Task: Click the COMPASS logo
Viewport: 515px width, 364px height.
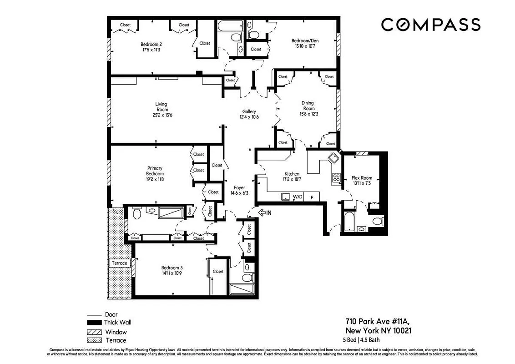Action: pyautogui.click(x=430, y=25)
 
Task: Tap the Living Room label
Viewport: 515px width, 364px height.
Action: pyautogui.click(x=162, y=110)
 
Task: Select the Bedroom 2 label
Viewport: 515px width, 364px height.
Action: pyautogui.click(x=151, y=47)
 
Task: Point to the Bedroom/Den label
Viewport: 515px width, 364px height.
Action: pyautogui.click(x=305, y=44)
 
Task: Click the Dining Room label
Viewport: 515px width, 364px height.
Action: pyautogui.click(x=308, y=106)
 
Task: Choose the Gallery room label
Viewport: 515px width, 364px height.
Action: pyautogui.click(x=249, y=114)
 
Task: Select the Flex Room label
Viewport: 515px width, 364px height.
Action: pyautogui.click(x=362, y=181)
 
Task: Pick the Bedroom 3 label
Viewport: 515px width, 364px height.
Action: pyautogui.click(x=172, y=271)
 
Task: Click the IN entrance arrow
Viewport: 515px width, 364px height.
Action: pyautogui.click(x=265, y=212)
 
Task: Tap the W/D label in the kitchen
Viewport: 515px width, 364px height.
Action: pyautogui.click(x=297, y=197)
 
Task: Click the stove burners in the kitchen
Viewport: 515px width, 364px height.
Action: pyautogui.click(x=336, y=177)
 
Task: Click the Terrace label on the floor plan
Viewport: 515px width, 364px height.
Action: pyautogui.click(x=120, y=263)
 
